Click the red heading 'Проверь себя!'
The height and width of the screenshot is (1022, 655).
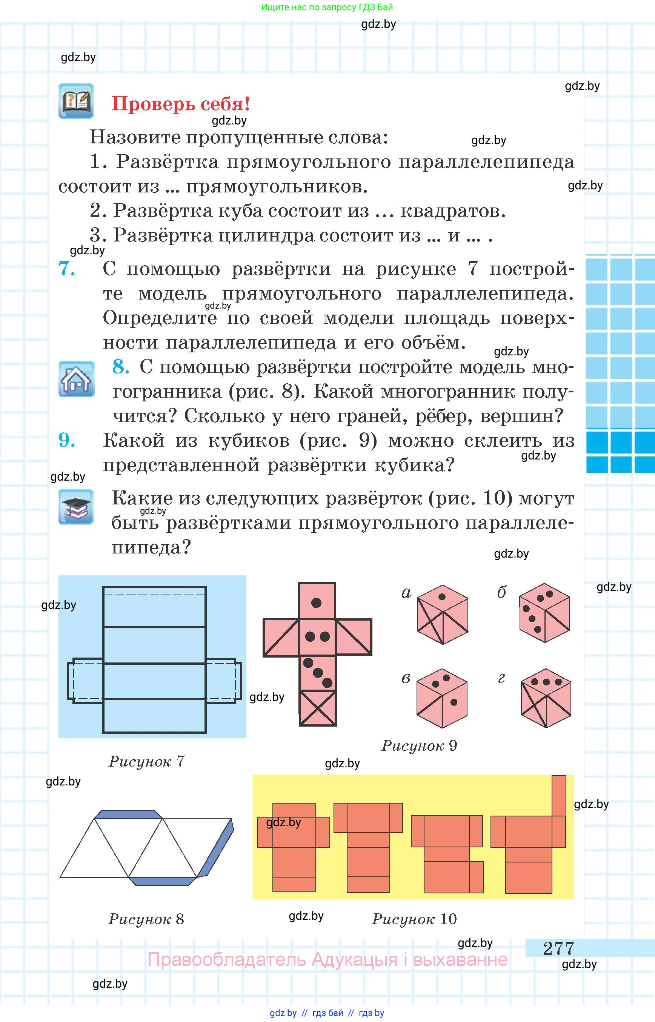point(180,104)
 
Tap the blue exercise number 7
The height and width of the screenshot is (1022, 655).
point(67,269)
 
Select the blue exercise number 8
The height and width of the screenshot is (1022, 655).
point(121,367)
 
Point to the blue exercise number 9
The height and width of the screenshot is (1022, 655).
point(67,440)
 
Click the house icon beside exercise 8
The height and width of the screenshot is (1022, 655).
point(77,379)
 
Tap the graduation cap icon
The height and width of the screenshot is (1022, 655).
point(76,507)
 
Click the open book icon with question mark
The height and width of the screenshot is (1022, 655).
point(76,101)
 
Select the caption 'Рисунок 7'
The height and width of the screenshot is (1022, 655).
point(147,761)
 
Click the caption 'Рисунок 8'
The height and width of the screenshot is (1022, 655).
point(146,919)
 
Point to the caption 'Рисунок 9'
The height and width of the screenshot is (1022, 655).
point(419,745)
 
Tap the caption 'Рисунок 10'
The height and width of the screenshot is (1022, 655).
point(414,919)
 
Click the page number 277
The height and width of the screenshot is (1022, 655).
point(558,948)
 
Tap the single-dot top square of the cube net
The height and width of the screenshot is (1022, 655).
point(317,600)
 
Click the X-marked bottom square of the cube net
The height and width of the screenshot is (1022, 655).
point(318,708)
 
